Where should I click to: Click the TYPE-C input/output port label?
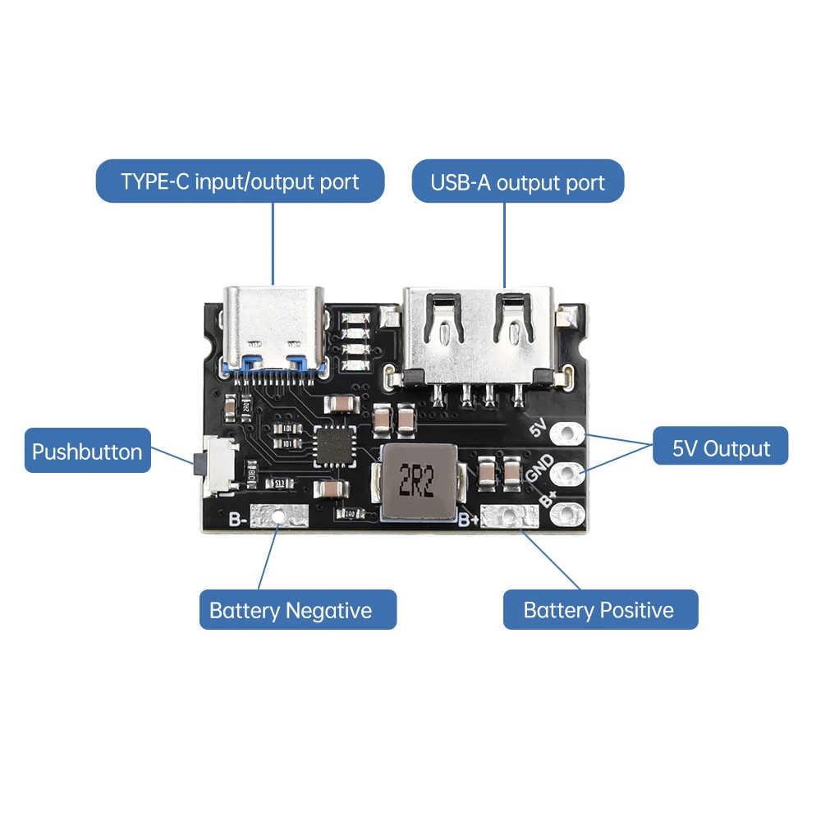click(240, 181)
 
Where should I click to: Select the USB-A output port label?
click(517, 181)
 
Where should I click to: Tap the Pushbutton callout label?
click(87, 451)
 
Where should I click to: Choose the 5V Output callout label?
click(721, 447)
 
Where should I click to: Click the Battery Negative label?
click(291, 610)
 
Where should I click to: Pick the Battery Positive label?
click(599, 610)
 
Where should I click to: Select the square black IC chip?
click(335, 447)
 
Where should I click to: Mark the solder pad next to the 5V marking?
click(566, 433)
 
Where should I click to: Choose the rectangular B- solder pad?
click(278, 517)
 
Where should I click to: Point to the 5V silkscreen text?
click(539, 428)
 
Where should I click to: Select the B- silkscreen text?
click(238, 519)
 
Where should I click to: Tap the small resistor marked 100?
click(350, 514)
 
